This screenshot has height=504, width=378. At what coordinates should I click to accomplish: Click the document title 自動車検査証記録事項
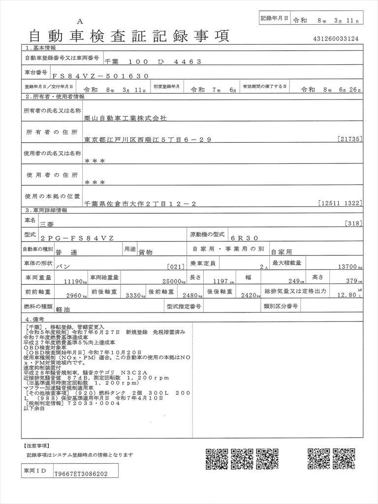coord(129,36)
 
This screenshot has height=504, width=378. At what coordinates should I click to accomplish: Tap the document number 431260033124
coord(336,38)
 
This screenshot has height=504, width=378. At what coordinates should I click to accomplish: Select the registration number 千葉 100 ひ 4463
coord(153,62)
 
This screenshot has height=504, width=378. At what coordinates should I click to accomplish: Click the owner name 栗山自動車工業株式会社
coord(126,119)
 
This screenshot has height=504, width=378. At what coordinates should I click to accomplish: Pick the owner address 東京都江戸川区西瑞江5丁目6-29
coord(148,140)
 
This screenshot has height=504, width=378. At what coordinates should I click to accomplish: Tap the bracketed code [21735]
coord(350,140)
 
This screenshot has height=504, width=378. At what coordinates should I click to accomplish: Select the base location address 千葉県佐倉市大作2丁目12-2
coord(140,203)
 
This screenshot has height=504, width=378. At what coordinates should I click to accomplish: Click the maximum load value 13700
coord(348,266)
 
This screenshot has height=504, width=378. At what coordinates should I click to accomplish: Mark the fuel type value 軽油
coord(63,309)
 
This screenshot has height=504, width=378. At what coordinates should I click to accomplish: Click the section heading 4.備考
coord(35,319)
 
